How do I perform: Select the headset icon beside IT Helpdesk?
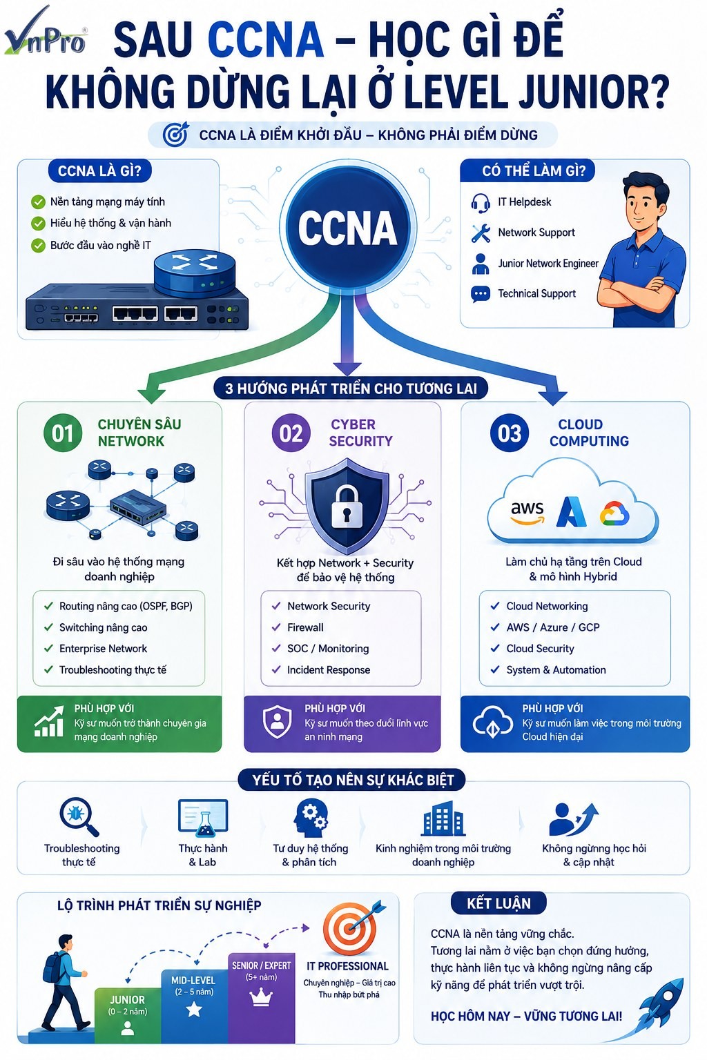tap(480, 202)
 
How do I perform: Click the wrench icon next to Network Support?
tap(481, 233)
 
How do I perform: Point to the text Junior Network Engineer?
tap(548, 263)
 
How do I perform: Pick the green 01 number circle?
tap(63, 433)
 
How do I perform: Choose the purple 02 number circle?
tap(291, 433)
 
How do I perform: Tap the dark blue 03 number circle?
tap(509, 433)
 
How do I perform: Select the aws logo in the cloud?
tap(527, 513)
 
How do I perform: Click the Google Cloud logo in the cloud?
tap(614, 513)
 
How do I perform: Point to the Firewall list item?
tap(305, 627)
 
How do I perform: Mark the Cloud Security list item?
tap(540, 648)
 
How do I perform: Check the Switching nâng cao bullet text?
tap(103, 627)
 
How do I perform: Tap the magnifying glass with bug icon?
tap(79, 817)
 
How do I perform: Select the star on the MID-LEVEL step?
tap(194, 1010)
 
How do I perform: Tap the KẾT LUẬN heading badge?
tap(498, 903)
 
